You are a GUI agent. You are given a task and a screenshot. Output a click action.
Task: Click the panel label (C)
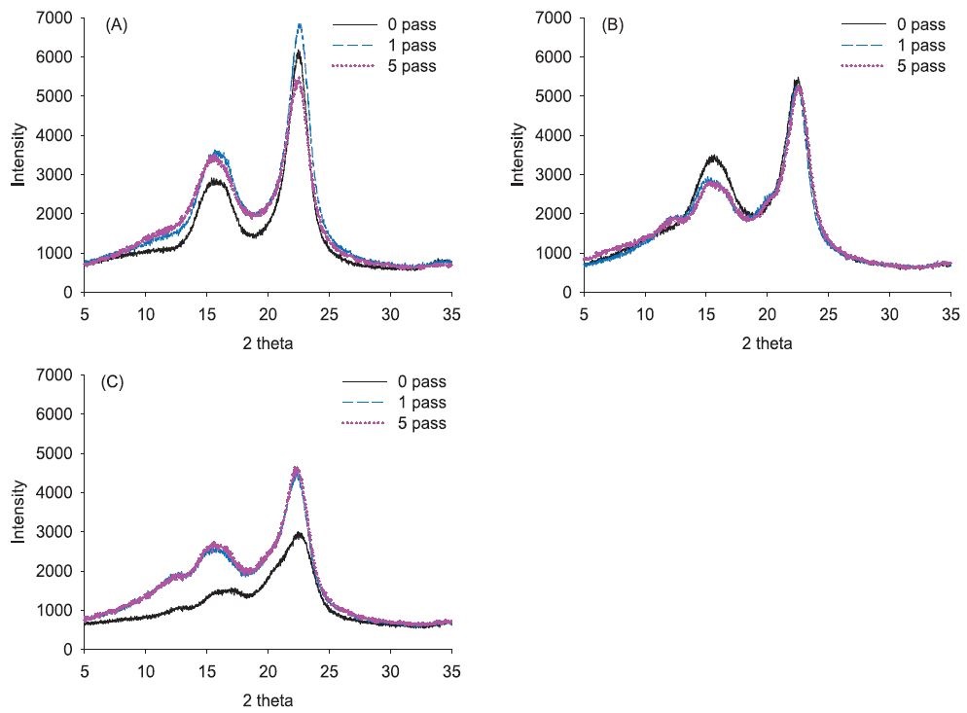pos(113,382)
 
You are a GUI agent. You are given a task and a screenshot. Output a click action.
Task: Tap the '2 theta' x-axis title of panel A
pos(268,342)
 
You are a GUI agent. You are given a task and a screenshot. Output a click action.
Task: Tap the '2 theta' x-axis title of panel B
pos(767,342)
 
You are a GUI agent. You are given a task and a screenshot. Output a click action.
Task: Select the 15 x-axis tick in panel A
pos(206,314)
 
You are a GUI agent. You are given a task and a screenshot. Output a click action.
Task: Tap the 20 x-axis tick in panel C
pos(268,671)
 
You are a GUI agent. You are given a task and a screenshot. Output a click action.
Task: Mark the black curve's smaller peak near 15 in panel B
pos(714,156)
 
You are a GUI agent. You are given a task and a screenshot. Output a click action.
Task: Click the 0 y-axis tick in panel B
pos(566,292)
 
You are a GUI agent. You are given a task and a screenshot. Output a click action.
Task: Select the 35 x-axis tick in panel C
pos(451,671)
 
